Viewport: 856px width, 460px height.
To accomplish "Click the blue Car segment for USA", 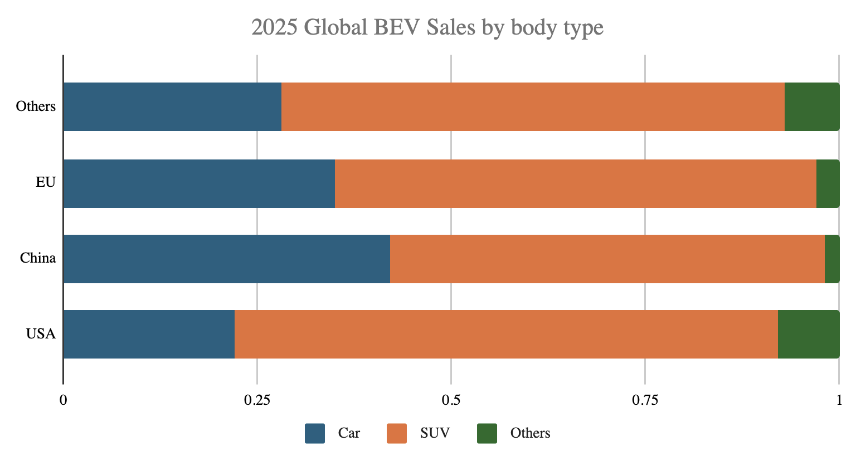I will coord(149,334).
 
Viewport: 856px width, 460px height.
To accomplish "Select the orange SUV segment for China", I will coord(607,259).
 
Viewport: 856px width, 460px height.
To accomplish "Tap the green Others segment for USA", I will coord(808,334).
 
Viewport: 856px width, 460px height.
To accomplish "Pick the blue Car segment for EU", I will coord(199,183).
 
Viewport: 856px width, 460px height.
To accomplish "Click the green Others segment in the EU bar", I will coord(828,183).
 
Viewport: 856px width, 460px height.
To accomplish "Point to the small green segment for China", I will coord(832,259).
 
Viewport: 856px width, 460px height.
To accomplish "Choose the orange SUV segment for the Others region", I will coord(533,106).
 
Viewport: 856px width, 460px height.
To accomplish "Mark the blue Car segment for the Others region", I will coord(172,106).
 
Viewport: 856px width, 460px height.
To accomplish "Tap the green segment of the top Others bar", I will coord(811,106).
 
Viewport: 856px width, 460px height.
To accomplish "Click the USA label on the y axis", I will coord(41,334).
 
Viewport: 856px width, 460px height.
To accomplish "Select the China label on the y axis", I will coord(38,258).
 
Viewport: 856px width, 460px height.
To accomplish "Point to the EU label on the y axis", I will coord(46,182).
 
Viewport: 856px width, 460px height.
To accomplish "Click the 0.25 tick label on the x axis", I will coord(257,400).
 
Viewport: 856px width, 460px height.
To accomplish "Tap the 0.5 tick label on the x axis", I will coord(451,400).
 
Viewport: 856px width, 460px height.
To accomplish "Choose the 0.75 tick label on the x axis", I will coord(644,400).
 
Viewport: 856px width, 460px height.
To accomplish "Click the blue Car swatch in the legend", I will coord(315,434).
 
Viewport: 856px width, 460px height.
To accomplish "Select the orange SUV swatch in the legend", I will coord(397,434).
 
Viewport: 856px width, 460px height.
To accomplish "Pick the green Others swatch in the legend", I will coord(487,434).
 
